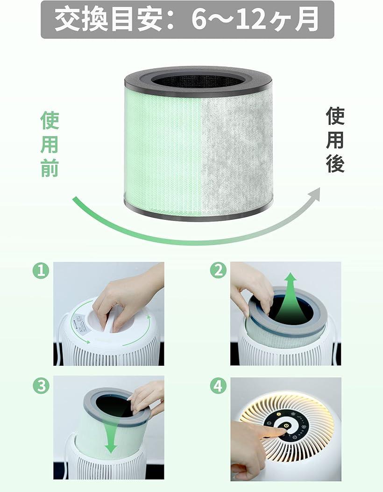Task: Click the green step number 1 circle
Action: (x=41, y=270)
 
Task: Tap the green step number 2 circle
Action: (x=218, y=270)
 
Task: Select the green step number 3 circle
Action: (x=41, y=386)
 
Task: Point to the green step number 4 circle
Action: (x=218, y=386)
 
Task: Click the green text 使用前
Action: (x=50, y=144)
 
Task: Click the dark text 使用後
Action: (x=335, y=140)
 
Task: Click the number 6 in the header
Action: (x=200, y=20)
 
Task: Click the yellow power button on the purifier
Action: (x=286, y=426)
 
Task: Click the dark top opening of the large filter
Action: (x=198, y=80)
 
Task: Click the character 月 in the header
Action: (x=307, y=20)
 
